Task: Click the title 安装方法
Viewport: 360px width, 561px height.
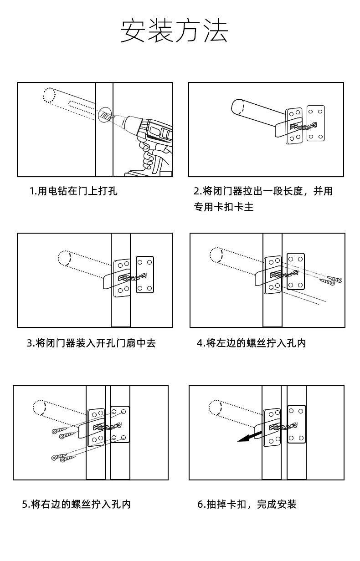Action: [174, 31]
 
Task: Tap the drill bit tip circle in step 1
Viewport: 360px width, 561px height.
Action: [104, 114]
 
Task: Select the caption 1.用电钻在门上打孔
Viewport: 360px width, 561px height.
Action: [73, 191]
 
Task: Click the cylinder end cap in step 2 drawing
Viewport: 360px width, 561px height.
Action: [238, 107]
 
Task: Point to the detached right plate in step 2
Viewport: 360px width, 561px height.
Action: [316, 123]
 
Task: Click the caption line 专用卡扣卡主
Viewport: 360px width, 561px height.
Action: [224, 207]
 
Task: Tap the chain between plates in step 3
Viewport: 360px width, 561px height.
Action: [133, 277]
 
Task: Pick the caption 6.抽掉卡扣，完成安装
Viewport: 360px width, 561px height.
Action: [247, 504]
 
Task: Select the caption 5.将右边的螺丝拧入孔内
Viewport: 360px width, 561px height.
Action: [77, 504]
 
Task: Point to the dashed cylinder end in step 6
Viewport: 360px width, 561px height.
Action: [216, 408]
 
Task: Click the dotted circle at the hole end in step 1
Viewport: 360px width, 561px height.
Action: [49, 95]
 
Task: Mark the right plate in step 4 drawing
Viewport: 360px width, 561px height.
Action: [296, 271]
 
